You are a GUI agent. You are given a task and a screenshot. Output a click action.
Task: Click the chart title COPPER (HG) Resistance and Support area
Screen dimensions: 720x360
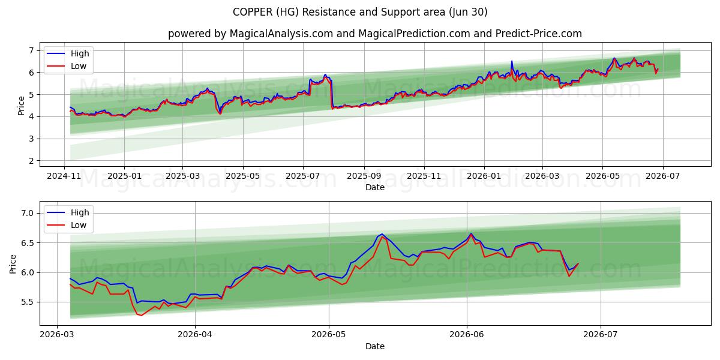(360, 12)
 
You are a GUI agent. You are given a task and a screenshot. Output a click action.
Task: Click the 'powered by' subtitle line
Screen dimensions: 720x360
(375, 34)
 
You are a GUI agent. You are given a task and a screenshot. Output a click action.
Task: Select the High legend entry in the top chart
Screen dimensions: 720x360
(68, 53)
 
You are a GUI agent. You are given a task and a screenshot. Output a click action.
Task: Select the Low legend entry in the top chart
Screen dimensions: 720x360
(67, 66)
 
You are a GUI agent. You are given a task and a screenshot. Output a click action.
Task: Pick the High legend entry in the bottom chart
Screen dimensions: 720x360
(68, 212)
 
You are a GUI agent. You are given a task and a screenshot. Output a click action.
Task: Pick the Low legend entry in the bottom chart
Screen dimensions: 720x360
(67, 225)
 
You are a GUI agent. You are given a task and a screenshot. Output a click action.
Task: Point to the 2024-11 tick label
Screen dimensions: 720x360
(64, 176)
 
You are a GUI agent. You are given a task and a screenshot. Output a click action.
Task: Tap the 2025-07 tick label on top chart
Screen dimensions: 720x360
(303, 176)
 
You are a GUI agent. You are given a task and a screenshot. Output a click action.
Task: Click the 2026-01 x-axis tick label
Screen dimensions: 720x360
(484, 176)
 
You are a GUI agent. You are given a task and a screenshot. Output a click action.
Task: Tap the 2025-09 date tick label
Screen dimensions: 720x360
(364, 176)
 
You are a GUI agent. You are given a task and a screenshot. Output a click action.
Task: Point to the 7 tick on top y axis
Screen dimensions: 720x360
(31, 50)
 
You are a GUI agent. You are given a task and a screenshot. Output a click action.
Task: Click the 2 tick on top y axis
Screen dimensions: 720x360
(31, 161)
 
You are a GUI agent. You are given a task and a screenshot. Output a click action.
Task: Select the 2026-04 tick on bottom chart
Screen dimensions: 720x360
(195, 334)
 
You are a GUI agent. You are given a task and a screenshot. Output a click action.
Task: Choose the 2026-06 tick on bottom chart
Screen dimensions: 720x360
(466, 334)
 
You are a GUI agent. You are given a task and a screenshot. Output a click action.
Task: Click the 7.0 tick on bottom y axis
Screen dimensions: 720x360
(27, 213)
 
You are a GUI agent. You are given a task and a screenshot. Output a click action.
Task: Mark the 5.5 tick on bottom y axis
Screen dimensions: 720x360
(27, 302)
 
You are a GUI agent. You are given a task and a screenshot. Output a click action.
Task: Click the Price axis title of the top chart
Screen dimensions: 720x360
(21, 106)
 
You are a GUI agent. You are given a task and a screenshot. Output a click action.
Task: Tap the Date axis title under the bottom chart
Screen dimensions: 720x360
(375, 346)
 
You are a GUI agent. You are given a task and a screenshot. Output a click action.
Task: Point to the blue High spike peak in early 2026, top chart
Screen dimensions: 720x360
(512, 61)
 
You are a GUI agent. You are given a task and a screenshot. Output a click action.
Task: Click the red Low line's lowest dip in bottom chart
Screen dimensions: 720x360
(141, 316)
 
